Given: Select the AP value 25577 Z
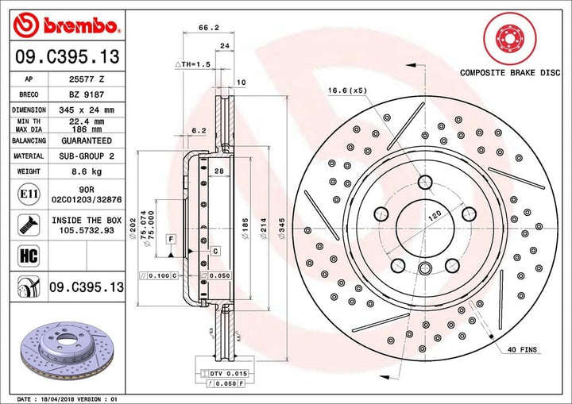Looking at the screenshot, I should [87, 80].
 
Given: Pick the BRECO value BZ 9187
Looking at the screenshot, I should [87, 94].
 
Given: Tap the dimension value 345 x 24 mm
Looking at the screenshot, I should [87, 110].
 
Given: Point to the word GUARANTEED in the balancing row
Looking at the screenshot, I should [87, 140].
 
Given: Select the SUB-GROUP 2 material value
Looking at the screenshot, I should [87, 156].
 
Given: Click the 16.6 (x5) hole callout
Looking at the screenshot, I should [346, 91].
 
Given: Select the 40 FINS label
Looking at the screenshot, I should [523, 350].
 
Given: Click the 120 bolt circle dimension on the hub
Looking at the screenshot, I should [433, 215].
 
